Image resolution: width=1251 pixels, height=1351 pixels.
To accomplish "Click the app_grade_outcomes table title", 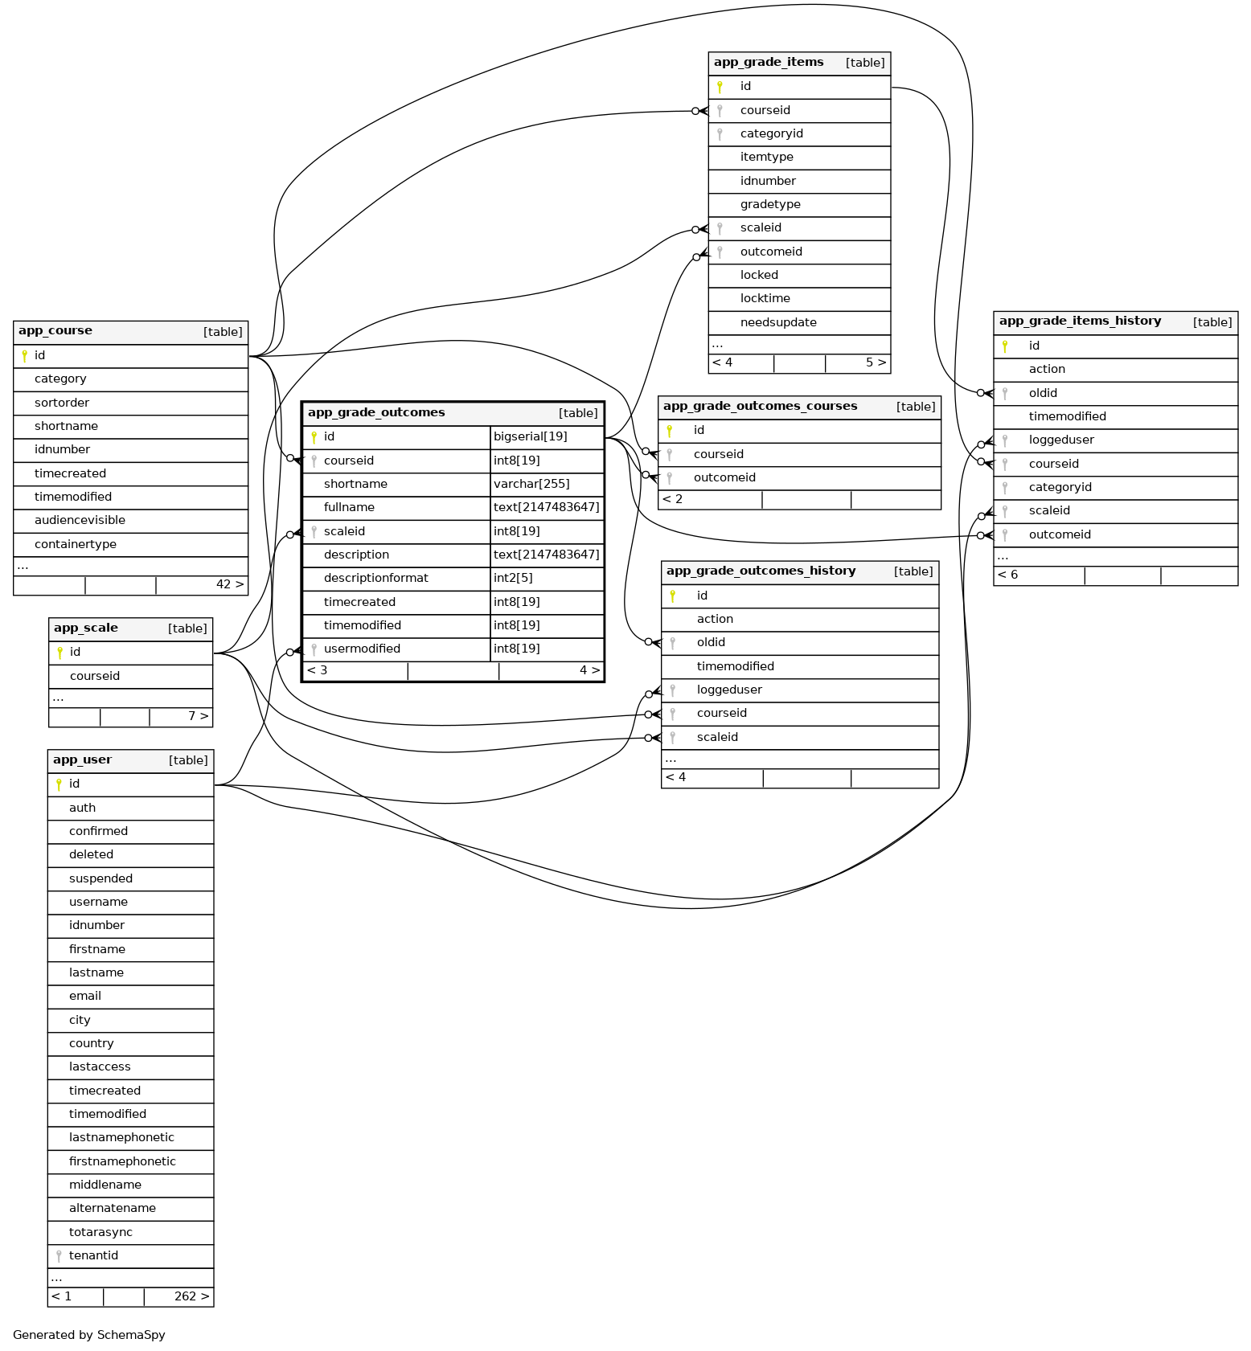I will (376, 413).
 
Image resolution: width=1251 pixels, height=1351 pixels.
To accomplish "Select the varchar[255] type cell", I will (531, 484).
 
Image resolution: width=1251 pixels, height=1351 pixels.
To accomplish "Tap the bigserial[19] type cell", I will (531, 436).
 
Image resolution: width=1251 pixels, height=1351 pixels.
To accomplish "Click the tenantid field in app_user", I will (93, 1255).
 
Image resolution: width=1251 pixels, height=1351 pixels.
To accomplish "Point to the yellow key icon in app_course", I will (25, 355).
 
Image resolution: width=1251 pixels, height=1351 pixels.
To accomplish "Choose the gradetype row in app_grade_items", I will (769, 204).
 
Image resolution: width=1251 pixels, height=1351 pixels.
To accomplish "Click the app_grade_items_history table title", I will (1080, 321).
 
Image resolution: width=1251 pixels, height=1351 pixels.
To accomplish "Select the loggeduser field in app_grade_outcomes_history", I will (729, 690).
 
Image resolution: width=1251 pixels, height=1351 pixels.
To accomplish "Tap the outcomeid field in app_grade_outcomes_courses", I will (724, 477).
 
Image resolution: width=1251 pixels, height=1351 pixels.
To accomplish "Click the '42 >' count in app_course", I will (230, 584).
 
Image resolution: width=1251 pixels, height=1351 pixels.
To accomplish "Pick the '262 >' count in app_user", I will (191, 1296).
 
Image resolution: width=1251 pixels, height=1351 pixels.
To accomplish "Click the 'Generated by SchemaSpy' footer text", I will (89, 1335).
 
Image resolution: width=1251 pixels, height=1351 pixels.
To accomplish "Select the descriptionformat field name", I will (375, 578).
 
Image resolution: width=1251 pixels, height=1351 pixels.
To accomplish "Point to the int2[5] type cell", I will (513, 578).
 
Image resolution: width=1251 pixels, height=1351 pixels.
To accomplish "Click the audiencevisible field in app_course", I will (80, 520).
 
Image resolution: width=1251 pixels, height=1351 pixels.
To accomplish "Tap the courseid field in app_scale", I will (95, 676).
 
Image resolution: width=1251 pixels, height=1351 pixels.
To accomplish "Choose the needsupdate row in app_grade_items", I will (778, 322).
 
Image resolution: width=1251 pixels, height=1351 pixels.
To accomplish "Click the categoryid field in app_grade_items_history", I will (1060, 487).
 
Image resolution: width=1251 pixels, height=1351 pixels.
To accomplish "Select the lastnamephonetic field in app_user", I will (121, 1137).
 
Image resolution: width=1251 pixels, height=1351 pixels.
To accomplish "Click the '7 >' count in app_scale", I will (198, 716).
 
